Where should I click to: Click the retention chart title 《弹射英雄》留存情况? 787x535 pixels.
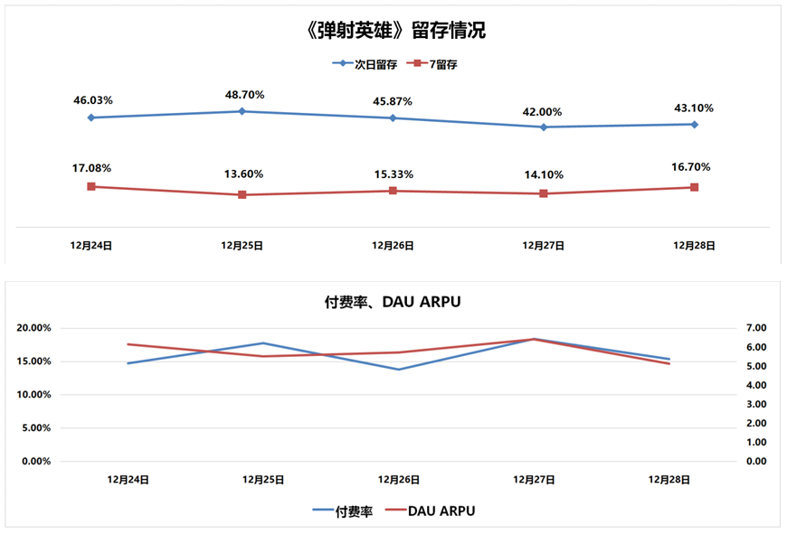[x=396, y=31]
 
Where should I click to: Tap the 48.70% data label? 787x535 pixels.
[x=242, y=94]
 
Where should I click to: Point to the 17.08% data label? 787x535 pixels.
[x=92, y=168]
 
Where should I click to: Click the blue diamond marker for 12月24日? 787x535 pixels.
[x=91, y=117]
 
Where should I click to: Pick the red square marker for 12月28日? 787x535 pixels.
[x=694, y=187]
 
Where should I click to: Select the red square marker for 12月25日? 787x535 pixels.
[x=242, y=194]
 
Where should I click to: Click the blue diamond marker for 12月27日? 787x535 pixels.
[x=544, y=127]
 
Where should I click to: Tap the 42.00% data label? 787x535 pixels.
[x=544, y=112]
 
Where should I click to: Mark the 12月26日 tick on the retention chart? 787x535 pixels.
[x=393, y=245]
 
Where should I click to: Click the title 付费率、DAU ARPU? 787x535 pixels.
[x=393, y=302]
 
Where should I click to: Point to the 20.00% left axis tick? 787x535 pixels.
[x=33, y=328]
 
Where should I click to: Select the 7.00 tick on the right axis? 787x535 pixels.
[x=754, y=328]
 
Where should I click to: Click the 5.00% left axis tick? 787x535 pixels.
[x=36, y=428]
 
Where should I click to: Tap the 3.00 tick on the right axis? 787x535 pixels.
[x=754, y=404]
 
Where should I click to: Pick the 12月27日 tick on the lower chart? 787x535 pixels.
[x=534, y=480]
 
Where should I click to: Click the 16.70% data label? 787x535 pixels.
[x=692, y=167]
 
